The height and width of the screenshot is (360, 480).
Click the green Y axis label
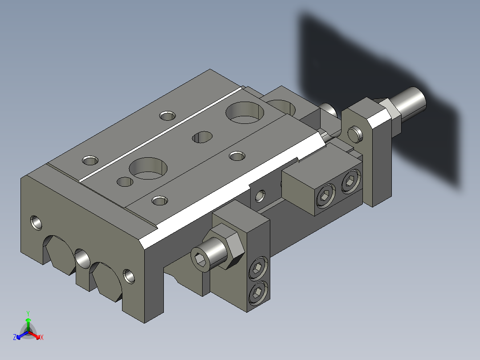click(x=28, y=313)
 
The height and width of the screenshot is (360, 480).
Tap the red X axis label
click(x=42, y=337)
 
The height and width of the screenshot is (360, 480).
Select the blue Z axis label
click(x=15, y=337)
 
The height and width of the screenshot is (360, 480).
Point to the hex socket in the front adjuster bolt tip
click(x=200, y=261)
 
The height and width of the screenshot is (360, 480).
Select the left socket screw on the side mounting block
click(x=325, y=196)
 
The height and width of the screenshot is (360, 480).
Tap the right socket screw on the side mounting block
click(x=350, y=182)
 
